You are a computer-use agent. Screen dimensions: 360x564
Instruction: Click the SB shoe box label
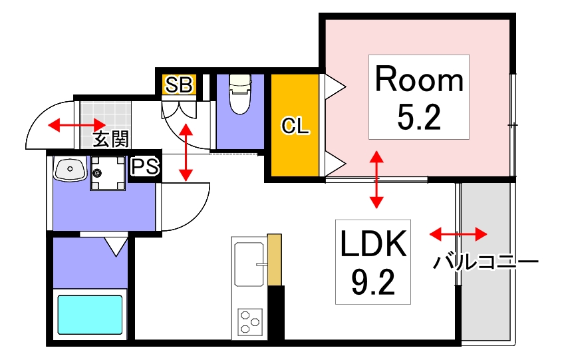tap(179, 84)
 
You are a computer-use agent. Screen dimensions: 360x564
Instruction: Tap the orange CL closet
tap(295, 126)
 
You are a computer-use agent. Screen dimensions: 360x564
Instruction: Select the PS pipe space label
tap(145, 166)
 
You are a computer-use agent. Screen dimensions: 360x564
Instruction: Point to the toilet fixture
tap(239, 94)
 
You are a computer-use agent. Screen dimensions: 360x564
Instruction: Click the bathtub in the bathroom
tap(90, 315)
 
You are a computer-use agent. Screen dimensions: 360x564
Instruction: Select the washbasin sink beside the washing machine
tap(69, 170)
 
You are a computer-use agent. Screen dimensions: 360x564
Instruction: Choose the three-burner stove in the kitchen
tap(250, 322)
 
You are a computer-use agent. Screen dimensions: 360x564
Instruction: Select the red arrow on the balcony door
tap(458, 234)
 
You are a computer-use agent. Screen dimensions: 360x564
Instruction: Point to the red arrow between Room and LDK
tap(376, 179)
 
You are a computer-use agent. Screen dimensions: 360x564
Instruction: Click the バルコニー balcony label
tap(486, 262)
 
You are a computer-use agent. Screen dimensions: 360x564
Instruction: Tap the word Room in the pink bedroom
tap(419, 80)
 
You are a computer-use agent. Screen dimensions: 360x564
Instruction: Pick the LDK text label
tap(373, 245)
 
